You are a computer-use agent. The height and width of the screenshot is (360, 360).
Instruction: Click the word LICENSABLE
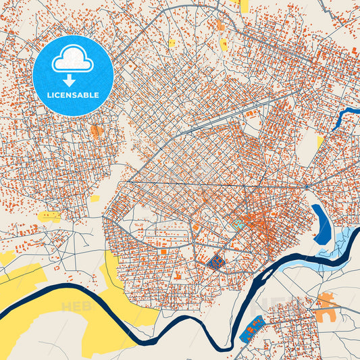[73, 95]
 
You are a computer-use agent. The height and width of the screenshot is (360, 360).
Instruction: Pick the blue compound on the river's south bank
[251, 328]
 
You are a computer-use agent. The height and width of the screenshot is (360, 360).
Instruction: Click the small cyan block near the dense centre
[237, 221]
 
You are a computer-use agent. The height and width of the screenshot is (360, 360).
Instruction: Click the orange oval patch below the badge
[97, 130]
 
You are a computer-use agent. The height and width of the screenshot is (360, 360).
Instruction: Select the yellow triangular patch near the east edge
[320, 142]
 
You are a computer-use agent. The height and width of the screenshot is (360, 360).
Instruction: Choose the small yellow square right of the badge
[172, 43]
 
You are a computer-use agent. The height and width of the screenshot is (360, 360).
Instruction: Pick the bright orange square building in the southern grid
[163, 251]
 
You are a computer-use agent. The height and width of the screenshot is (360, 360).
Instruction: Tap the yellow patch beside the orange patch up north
[224, 45]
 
